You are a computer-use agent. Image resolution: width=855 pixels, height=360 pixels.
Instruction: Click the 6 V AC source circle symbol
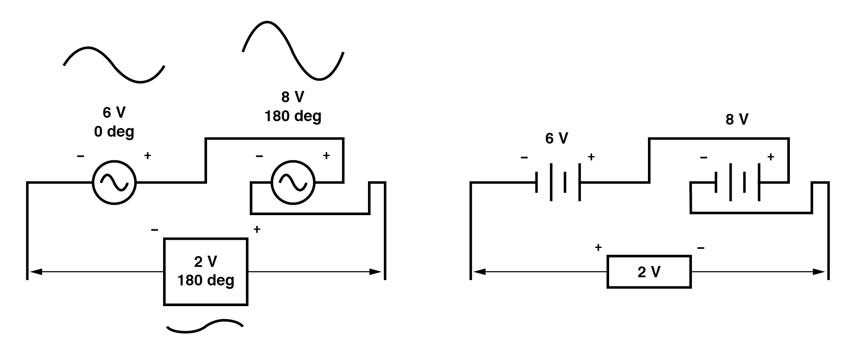114,183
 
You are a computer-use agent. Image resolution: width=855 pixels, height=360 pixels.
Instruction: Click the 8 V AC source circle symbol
293,183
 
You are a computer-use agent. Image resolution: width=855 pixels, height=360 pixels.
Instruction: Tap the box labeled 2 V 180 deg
206,272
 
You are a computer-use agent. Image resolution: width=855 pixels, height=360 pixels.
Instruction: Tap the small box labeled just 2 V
649,272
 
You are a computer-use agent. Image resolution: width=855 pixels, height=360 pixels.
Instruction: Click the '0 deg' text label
114,131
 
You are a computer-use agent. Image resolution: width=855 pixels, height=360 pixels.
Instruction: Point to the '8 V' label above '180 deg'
292,97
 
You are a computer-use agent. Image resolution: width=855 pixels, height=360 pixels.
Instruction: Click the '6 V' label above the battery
556,138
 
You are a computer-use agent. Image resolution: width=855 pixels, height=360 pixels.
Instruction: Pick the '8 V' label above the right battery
736,119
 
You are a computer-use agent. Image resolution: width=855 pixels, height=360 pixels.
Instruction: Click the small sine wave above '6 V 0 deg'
114,65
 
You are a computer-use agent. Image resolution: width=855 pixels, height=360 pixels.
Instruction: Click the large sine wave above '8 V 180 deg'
293,50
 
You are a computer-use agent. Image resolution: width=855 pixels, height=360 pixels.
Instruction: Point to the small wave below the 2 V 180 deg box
204,327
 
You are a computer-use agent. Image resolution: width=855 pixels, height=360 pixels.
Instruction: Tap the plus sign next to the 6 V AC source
148,156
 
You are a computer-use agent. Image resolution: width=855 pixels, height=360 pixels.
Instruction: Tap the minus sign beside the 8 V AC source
259,156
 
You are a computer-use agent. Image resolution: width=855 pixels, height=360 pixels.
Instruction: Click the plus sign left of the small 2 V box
598,247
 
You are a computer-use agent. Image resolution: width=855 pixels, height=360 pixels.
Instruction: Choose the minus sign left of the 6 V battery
524,157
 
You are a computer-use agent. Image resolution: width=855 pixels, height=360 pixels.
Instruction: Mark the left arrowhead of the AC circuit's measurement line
35,272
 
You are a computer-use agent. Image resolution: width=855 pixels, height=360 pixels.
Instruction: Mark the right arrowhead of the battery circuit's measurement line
819,272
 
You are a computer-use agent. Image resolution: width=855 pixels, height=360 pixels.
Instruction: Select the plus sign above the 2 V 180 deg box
257,229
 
